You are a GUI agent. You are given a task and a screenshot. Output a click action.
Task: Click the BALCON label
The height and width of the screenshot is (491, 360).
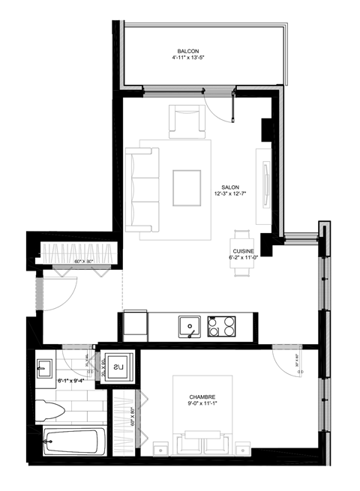177,49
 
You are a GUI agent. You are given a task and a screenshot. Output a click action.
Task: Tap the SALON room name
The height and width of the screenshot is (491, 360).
230,189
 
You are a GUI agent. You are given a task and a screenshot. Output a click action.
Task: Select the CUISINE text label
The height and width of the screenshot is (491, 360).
243,251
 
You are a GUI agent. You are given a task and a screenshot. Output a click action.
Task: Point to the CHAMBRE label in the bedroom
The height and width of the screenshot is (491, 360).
202,400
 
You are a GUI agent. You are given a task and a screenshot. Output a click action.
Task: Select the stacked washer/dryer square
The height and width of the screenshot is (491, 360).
118,368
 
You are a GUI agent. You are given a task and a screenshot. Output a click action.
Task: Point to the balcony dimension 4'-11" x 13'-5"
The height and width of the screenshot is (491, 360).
177,56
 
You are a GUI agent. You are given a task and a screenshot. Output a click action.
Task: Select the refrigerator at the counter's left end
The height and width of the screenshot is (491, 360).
134,325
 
